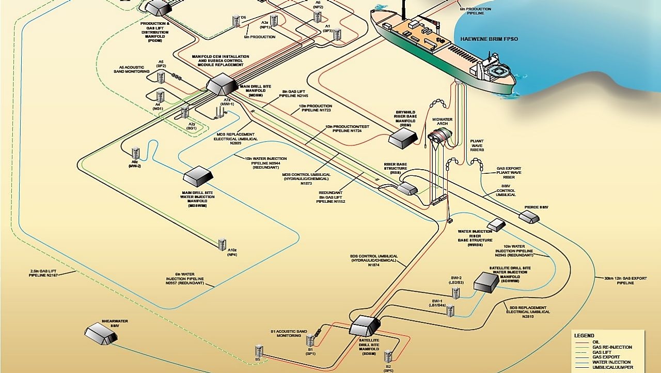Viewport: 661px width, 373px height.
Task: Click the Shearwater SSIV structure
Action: (x=101, y=333)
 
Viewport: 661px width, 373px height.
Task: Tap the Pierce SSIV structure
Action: (x=529, y=216)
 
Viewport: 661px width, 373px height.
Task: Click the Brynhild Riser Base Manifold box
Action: (x=403, y=138)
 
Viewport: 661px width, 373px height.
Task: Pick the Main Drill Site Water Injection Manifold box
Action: (x=198, y=176)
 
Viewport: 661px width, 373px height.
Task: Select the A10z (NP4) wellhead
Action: (x=222, y=244)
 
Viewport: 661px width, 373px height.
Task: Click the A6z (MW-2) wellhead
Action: (x=136, y=153)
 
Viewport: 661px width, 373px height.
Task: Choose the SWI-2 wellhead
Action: (x=456, y=293)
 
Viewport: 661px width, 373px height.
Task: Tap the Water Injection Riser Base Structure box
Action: (x=496, y=225)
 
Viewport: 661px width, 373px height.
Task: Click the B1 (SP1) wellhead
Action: (x=310, y=340)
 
